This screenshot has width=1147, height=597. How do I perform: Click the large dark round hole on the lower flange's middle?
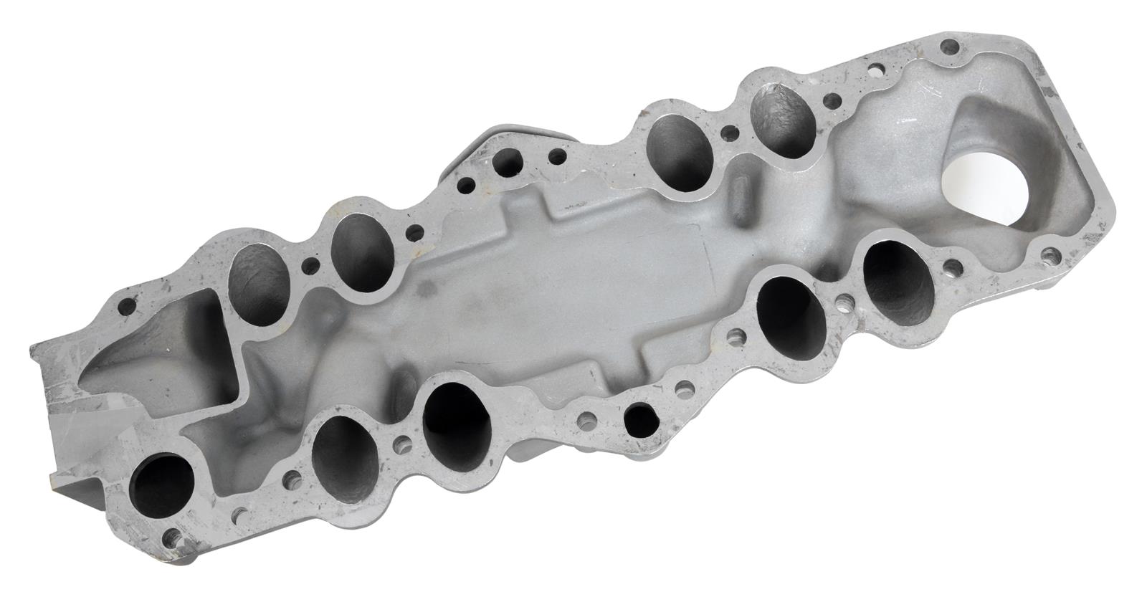639,419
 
